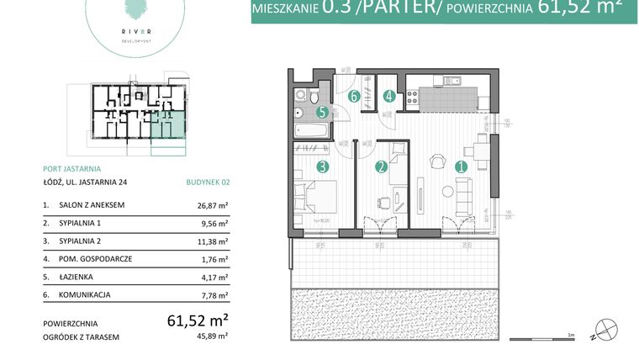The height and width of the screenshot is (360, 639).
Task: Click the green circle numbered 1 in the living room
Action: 461,167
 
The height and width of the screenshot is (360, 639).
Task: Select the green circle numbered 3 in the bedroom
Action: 322,167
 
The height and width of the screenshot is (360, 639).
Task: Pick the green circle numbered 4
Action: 389,96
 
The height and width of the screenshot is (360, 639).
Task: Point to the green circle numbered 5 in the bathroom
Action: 322,112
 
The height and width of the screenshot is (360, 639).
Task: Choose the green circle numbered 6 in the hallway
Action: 355,96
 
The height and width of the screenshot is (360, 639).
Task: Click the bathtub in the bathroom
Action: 312,130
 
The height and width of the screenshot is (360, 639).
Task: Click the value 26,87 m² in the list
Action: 213,204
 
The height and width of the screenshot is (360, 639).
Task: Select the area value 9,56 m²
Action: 215,223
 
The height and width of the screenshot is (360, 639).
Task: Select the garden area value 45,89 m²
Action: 213,337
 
